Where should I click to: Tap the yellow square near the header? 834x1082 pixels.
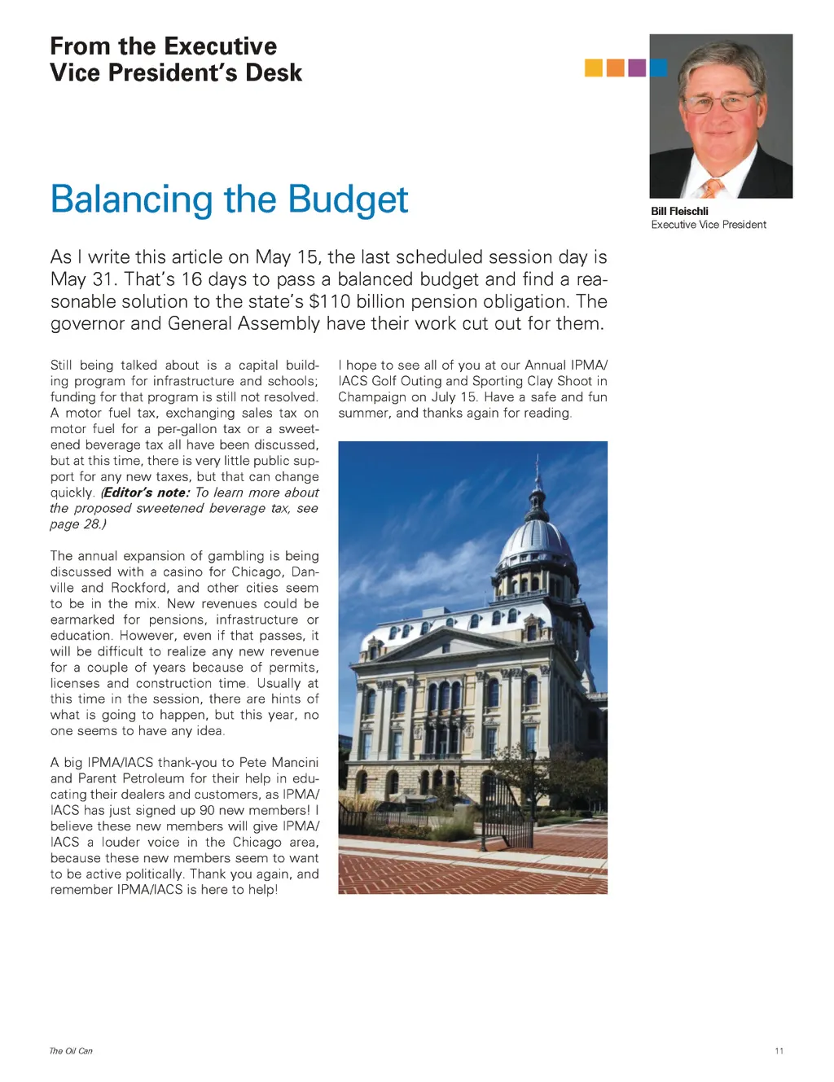(593, 68)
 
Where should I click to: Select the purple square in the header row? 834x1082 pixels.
(637, 68)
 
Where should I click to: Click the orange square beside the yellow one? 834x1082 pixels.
(615, 68)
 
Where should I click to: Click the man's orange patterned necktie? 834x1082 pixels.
(712, 189)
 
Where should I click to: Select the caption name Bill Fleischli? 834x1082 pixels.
(679, 211)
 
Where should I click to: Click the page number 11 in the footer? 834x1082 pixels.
(779, 1051)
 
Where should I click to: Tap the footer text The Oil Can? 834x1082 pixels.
(71, 1051)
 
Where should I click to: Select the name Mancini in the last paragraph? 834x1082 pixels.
(295, 763)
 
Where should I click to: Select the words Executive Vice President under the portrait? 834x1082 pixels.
(709, 225)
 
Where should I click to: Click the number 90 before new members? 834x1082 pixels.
(208, 810)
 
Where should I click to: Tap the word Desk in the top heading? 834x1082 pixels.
(274, 73)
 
